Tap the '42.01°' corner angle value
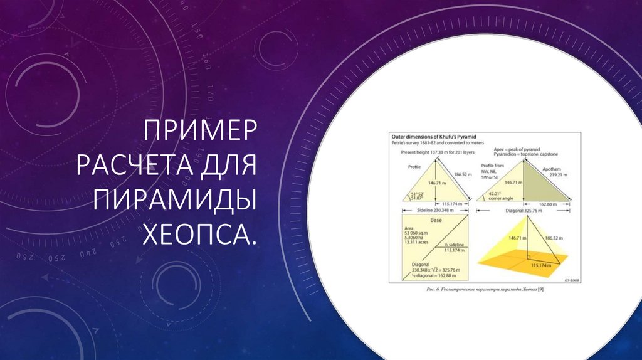(x=497, y=194)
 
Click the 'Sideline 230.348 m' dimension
(x=433, y=211)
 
